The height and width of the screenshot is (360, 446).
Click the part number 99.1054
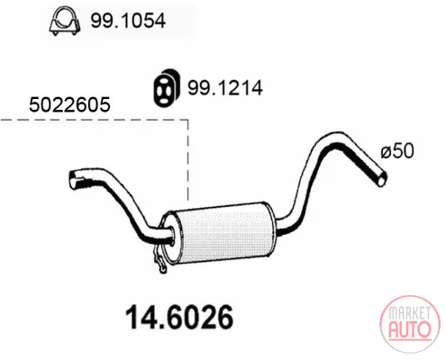click(x=128, y=21)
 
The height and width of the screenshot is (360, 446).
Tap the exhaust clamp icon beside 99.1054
click(x=65, y=21)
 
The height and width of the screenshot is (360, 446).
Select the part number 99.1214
click(x=225, y=88)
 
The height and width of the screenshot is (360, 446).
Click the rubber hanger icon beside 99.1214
click(x=166, y=88)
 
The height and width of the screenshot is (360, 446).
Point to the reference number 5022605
click(x=69, y=104)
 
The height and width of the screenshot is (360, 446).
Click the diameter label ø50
click(x=397, y=150)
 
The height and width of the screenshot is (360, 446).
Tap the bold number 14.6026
click(x=179, y=317)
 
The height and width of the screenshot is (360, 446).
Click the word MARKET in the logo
click(x=409, y=313)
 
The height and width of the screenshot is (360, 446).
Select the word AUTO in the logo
click(x=410, y=328)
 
